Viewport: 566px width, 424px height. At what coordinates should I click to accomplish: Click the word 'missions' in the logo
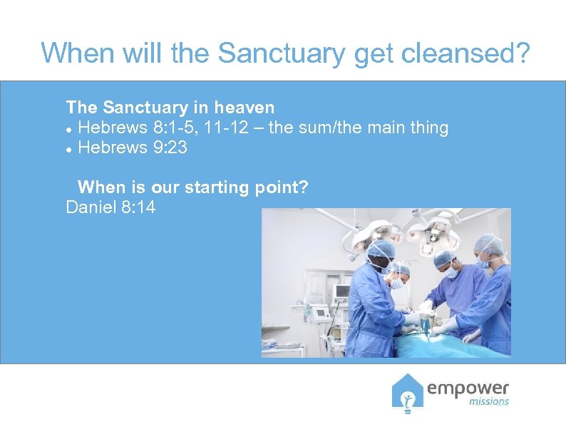coord(489,402)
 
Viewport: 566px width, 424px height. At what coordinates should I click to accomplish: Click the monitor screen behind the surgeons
coord(342,291)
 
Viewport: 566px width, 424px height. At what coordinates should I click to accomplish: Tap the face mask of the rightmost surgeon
coord(485,264)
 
